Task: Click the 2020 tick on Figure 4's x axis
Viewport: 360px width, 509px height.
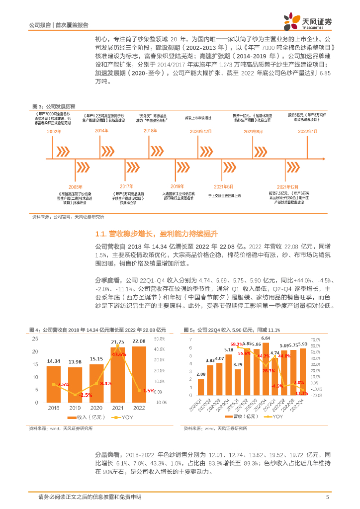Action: click(x=96, y=409)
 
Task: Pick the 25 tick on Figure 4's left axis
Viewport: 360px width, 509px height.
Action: click(x=34, y=339)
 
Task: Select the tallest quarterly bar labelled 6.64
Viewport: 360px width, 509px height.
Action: click(x=266, y=368)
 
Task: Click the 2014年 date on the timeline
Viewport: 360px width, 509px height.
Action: click(x=101, y=131)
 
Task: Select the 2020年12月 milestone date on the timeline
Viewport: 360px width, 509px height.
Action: click(x=201, y=131)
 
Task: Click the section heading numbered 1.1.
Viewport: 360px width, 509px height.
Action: click(x=157, y=234)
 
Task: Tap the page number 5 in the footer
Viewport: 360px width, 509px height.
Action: click(x=327, y=497)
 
